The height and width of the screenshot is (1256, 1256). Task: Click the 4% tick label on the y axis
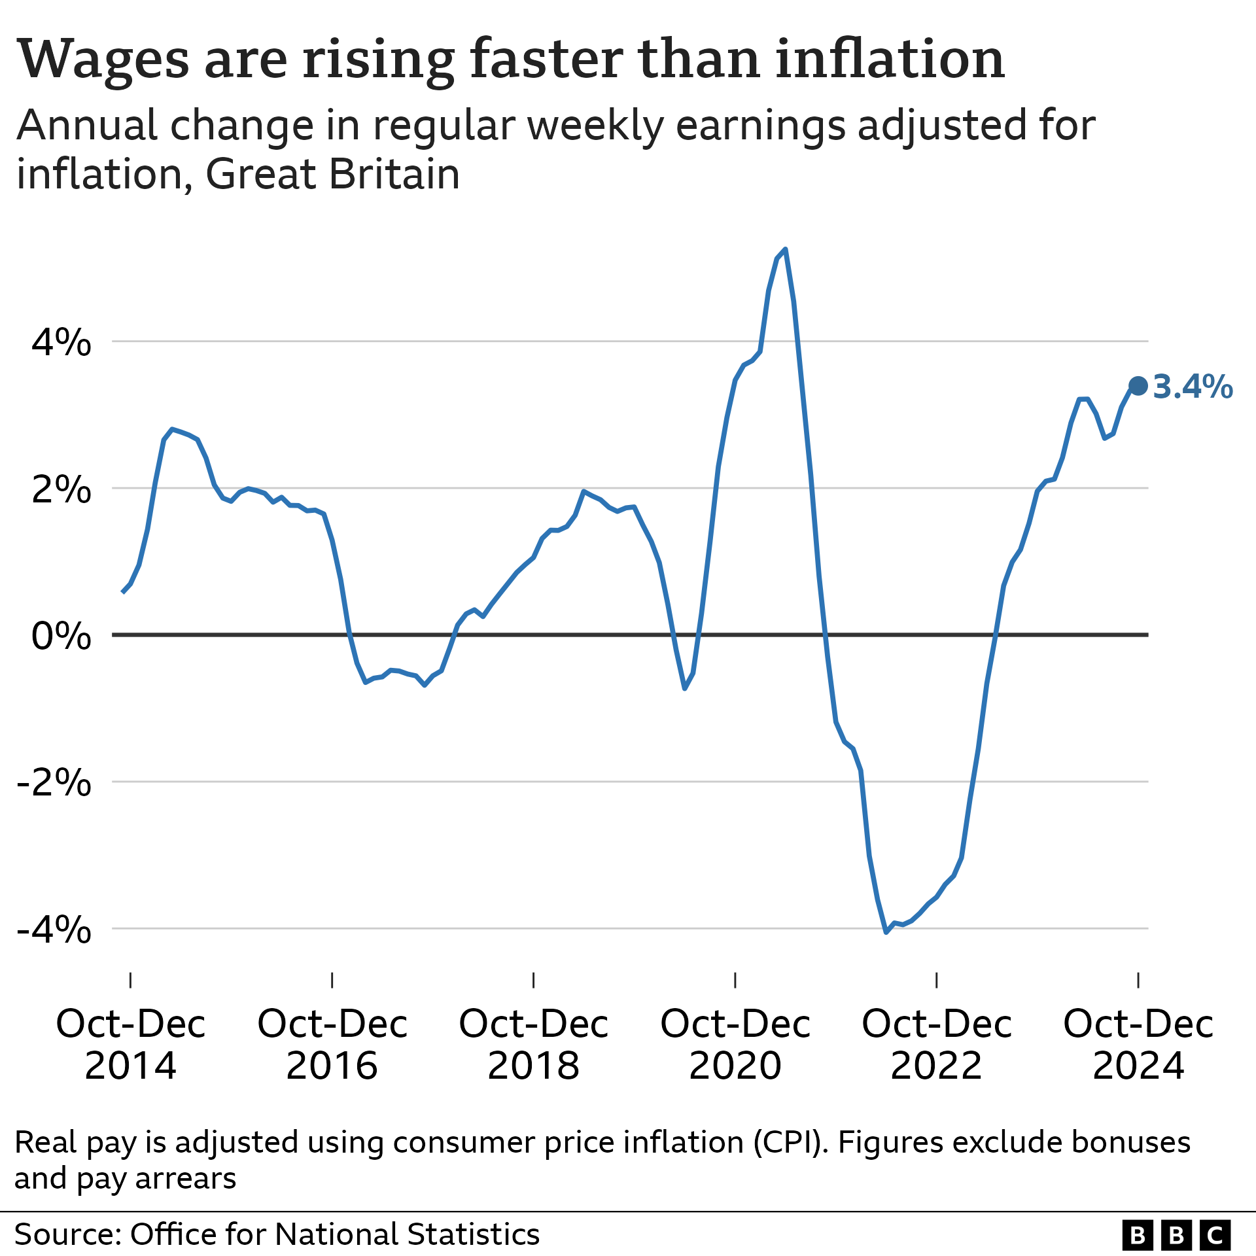[x=61, y=341]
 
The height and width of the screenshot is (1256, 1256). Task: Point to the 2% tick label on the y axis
[x=61, y=489]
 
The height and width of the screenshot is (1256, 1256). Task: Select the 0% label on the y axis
[x=61, y=635]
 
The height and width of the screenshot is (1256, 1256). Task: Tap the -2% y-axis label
[x=54, y=782]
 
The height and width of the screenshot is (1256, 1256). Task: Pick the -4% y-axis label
[x=54, y=928]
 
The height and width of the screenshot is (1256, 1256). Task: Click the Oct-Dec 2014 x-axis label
[x=131, y=1045]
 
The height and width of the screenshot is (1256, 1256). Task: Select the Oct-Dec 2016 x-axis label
[x=332, y=1045]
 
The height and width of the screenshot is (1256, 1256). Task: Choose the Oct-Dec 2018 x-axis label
[x=534, y=1045]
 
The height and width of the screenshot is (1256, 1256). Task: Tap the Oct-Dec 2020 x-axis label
[x=735, y=1045]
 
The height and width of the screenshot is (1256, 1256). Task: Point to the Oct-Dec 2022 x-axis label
[x=937, y=1045]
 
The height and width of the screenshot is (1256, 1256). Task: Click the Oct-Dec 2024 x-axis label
[x=1138, y=1045]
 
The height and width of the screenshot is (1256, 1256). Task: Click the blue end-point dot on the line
[x=1138, y=386]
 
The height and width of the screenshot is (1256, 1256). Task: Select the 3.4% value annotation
[x=1193, y=387]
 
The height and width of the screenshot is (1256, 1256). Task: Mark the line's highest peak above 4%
[x=785, y=249]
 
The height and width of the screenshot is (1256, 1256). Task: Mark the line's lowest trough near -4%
[x=886, y=932]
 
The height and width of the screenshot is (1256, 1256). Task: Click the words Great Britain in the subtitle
[x=332, y=175]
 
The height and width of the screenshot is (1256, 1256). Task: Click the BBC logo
[x=1176, y=1235]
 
